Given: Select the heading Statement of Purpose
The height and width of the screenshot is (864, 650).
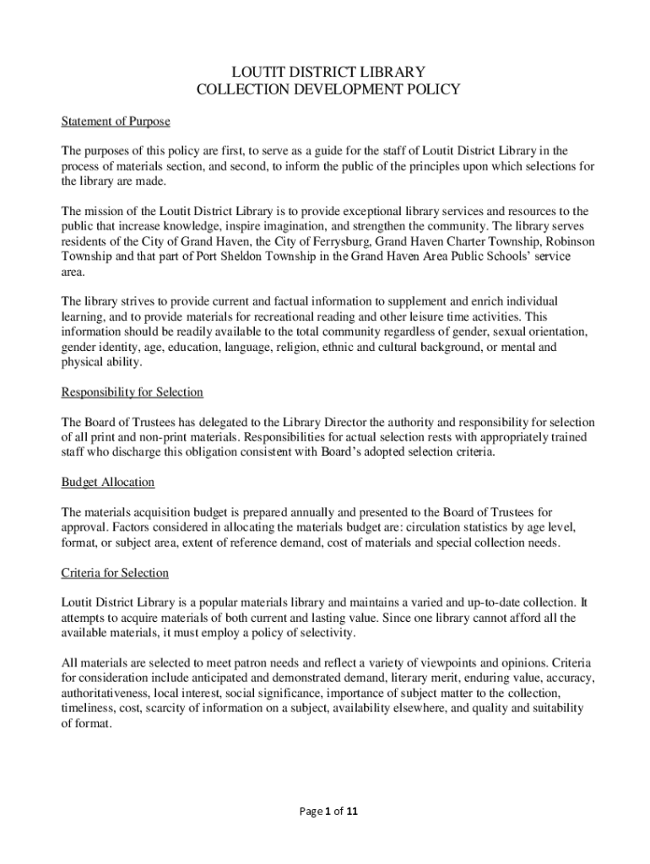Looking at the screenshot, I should (116, 121).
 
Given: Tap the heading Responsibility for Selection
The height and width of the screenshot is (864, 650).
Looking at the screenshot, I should (132, 392).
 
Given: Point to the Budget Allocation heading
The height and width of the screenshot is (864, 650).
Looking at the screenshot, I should (107, 483).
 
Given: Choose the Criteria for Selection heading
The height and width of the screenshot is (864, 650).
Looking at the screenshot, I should (115, 573).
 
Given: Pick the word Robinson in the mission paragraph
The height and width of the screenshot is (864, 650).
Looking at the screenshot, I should (566, 241).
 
